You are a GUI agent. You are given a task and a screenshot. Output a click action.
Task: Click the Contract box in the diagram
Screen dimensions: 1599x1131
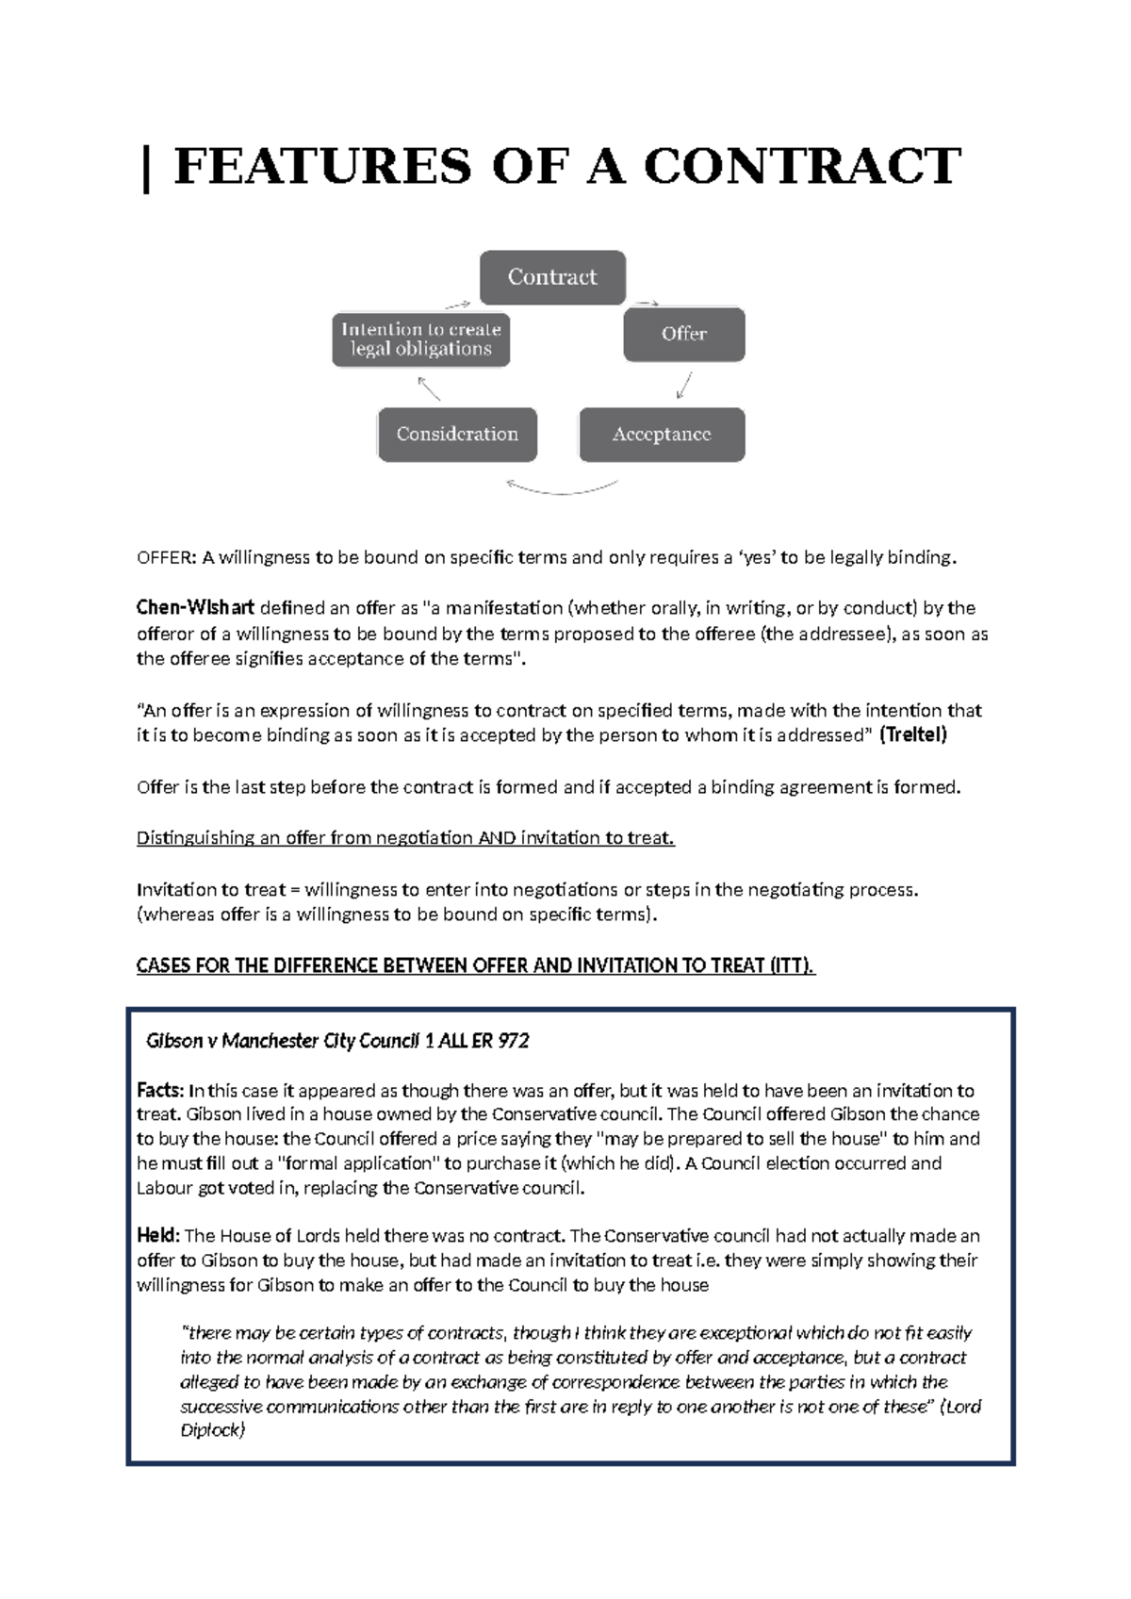(552, 277)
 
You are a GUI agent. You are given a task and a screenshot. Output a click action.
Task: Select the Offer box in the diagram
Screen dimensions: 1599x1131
(683, 334)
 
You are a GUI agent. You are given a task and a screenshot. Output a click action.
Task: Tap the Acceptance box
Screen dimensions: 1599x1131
(662, 435)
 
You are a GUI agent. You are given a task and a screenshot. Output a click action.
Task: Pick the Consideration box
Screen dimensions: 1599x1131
(457, 435)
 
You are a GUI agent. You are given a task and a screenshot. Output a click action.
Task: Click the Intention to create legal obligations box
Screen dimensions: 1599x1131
(420, 339)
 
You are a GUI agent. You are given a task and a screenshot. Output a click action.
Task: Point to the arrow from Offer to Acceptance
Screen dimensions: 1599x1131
(685, 385)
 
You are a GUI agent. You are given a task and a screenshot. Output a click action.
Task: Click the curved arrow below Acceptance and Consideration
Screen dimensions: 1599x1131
(562, 488)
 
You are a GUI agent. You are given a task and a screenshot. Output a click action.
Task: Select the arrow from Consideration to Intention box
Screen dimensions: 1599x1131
(429, 387)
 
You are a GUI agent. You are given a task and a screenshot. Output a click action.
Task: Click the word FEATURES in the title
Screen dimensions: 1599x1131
(322, 167)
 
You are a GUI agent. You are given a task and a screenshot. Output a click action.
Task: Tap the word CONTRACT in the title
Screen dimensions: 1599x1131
(802, 167)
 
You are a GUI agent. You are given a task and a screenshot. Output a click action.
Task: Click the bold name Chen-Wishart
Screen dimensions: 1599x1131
(195, 608)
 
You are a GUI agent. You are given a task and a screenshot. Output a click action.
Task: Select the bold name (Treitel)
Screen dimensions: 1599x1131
(912, 735)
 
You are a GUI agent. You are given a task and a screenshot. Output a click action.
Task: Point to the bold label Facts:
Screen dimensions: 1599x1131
(160, 1091)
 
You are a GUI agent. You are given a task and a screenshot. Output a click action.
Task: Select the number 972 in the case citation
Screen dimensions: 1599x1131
(514, 1041)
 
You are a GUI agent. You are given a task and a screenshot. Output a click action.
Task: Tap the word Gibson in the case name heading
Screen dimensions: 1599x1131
(174, 1041)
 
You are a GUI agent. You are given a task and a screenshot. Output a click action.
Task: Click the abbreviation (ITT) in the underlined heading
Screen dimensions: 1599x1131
(791, 965)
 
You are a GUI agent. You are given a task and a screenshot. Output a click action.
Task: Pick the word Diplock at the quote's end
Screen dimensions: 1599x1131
(210, 1430)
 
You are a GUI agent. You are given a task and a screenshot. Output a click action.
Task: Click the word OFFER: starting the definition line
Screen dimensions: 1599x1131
(166, 557)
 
